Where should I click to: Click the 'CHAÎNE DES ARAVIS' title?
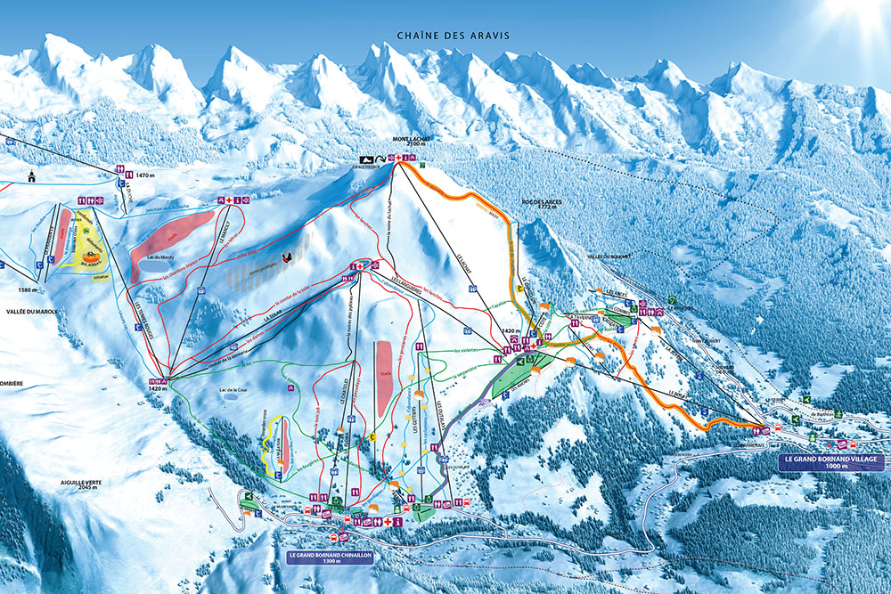point(454,36)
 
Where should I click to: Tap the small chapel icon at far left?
point(32,175)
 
